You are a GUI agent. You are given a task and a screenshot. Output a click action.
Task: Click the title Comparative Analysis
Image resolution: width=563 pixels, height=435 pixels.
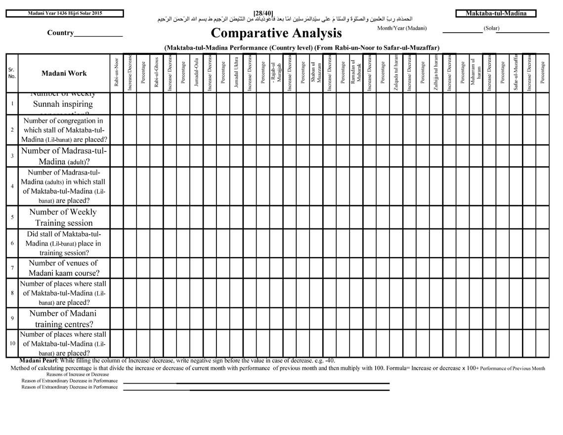(x=276, y=34)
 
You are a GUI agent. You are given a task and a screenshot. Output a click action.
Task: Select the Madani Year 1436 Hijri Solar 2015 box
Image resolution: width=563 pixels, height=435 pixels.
(x=65, y=13)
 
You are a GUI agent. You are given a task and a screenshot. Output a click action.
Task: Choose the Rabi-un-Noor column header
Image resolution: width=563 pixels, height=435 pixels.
(x=117, y=73)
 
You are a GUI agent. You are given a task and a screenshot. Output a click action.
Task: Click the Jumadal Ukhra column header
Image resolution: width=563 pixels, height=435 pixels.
(x=236, y=73)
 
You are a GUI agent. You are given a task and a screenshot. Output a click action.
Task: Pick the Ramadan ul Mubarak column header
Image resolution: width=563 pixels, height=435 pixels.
(x=356, y=73)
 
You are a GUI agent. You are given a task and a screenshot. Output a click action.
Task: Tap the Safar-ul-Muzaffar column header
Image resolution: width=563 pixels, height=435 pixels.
(x=516, y=73)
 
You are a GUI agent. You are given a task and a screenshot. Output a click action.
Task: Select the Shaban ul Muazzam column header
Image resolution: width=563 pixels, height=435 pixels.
(x=316, y=73)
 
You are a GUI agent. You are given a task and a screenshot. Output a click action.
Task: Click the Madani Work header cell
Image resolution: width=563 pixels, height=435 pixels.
(x=64, y=73)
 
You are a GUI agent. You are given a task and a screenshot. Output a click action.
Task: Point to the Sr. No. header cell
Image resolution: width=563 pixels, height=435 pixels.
(x=12, y=73)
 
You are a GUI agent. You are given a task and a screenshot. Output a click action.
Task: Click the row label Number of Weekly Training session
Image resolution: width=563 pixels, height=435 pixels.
(x=64, y=217)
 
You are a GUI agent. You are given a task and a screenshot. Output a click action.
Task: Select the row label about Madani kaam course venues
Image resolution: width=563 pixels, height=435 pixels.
(x=64, y=268)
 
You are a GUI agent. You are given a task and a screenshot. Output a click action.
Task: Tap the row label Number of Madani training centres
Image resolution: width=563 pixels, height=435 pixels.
(x=64, y=319)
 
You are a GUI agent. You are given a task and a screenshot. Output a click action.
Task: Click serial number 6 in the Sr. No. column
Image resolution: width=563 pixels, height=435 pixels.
(x=12, y=243)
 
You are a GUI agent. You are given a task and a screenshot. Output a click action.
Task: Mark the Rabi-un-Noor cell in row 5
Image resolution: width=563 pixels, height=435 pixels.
(x=117, y=217)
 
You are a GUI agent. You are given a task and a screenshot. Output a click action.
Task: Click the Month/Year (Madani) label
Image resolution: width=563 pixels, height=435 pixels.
(x=401, y=28)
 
